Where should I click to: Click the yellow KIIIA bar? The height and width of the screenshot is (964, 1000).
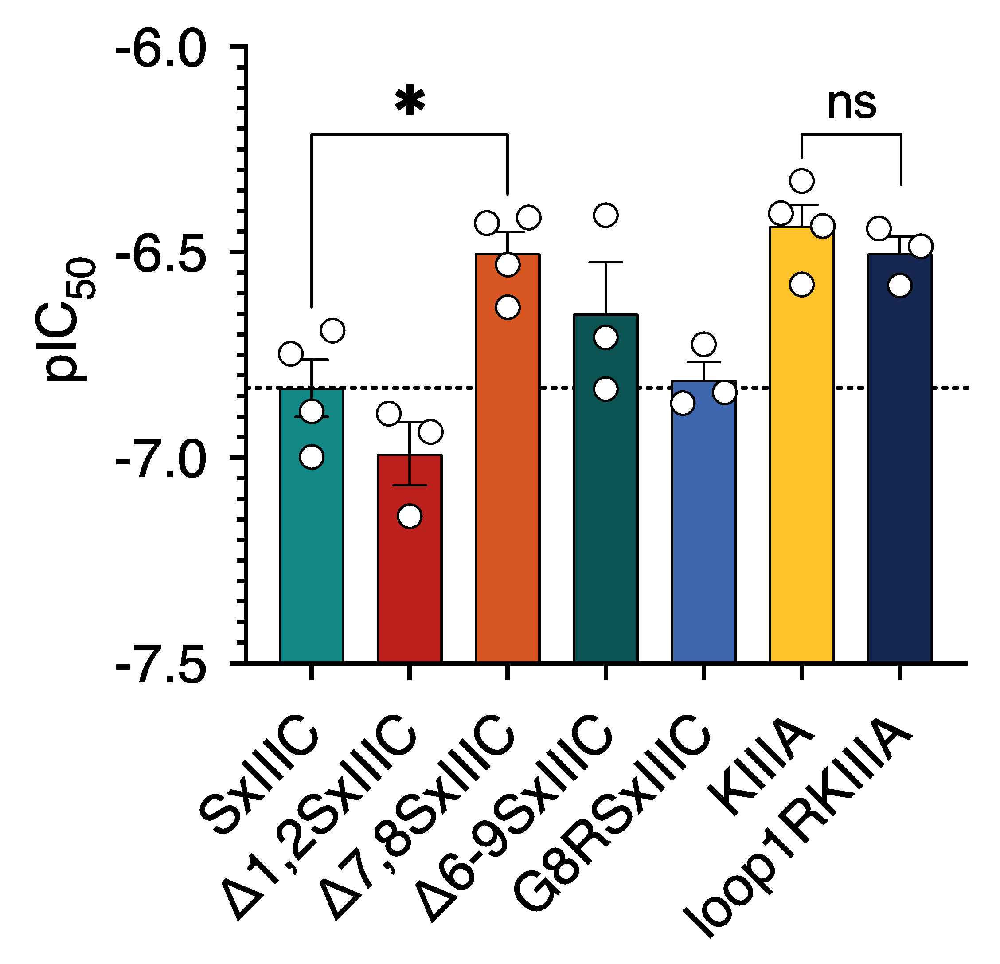click(801, 459)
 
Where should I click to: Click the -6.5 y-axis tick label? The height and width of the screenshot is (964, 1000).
click(161, 253)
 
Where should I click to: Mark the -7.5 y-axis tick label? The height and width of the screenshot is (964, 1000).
click(161, 666)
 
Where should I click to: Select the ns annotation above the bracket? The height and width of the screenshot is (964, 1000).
click(852, 104)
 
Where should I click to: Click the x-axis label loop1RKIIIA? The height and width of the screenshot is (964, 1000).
click(796, 827)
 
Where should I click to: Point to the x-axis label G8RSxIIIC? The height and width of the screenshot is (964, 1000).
click(612, 816)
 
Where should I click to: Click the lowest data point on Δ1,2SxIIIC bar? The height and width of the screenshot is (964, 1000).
click(410, 516)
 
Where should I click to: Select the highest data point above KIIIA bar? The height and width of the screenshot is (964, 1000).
click(801, 180)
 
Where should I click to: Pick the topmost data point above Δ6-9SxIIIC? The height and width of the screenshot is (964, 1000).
click(605, 215)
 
